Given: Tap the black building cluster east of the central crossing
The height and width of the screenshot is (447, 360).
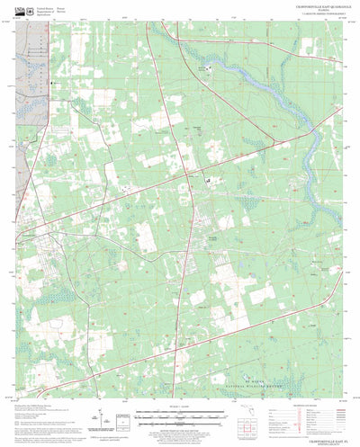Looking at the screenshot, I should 208,180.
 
